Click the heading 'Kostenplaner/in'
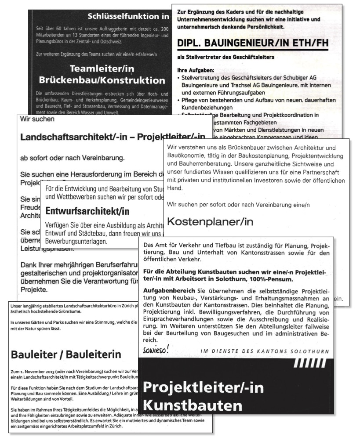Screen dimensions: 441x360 (x=211, y=221)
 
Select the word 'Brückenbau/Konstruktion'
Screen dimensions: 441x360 (x=102, y=81)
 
